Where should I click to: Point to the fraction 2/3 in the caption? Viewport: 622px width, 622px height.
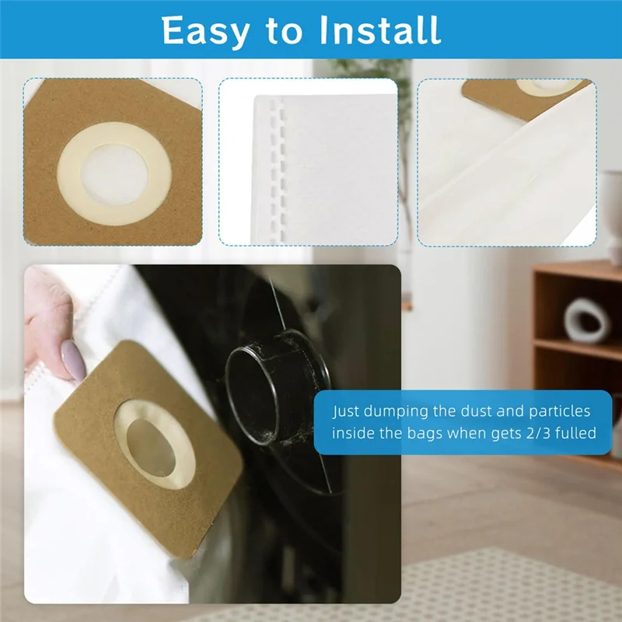[536, 433]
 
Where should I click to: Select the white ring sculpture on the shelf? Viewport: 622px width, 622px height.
[586, 320]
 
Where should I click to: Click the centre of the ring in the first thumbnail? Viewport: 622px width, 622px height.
[114, 176]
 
